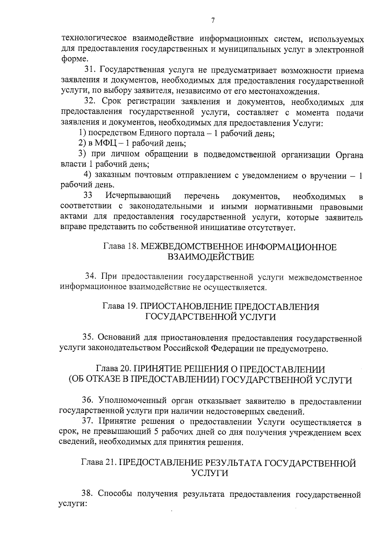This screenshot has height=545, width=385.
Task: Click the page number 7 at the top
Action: pos(213,21)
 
